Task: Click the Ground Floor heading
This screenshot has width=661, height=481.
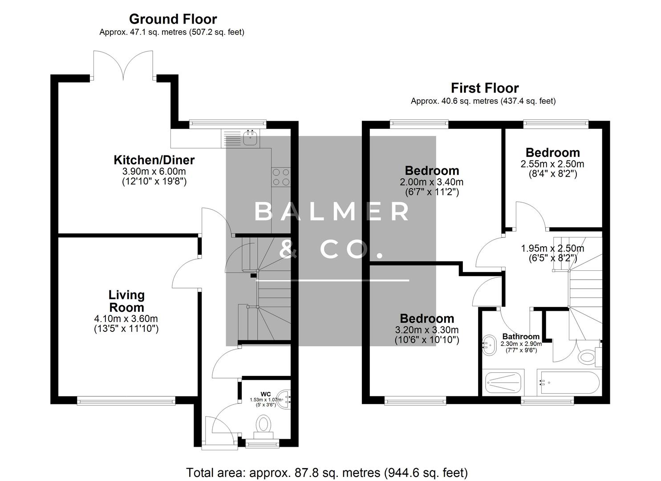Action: (173, 19)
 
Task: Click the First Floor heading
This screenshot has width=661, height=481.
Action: (484, 88)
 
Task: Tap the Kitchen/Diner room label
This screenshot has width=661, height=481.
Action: (154, 160)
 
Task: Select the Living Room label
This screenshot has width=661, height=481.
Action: (126, 301)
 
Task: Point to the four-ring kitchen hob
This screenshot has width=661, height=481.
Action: (281, 177)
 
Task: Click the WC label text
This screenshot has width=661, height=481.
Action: (266, 394)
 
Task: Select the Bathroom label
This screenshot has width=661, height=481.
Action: (521, 337)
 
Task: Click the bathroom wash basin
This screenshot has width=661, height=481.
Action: (490, 345)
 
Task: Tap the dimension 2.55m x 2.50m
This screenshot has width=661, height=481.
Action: (552, 164)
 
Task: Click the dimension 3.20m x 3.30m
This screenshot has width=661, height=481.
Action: (426, 330)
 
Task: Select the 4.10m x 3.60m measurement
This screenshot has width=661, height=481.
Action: (126, 319)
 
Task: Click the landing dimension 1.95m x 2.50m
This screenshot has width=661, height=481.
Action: (552, 249)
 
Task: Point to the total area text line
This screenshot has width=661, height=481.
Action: (327, 472)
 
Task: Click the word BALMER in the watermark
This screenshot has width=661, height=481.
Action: (332, 212)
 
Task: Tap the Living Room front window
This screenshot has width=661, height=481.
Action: (126, 401)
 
